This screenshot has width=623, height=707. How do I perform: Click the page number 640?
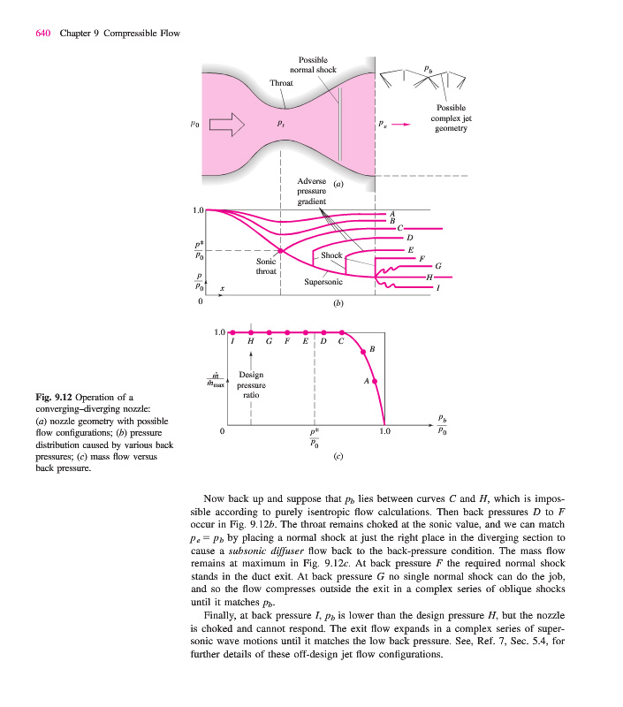pos(43,34)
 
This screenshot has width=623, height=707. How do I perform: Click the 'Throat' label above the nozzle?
pos(281,82)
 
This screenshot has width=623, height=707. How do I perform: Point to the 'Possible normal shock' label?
pos(313,64)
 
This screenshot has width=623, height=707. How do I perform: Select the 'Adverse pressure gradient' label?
pos(311,191)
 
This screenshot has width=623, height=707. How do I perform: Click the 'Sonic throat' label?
pos(266,267)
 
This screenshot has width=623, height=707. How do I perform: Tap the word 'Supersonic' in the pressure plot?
pos(323,282)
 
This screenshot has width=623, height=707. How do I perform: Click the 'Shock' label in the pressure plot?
pos(331,255)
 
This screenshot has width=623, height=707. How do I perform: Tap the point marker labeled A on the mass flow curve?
pos(376,381)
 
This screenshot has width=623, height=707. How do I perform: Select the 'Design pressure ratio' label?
pos(252,386)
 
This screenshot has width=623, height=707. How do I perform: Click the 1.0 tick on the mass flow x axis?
pos(384,432)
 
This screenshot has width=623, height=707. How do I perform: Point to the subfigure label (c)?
pos(338,459)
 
